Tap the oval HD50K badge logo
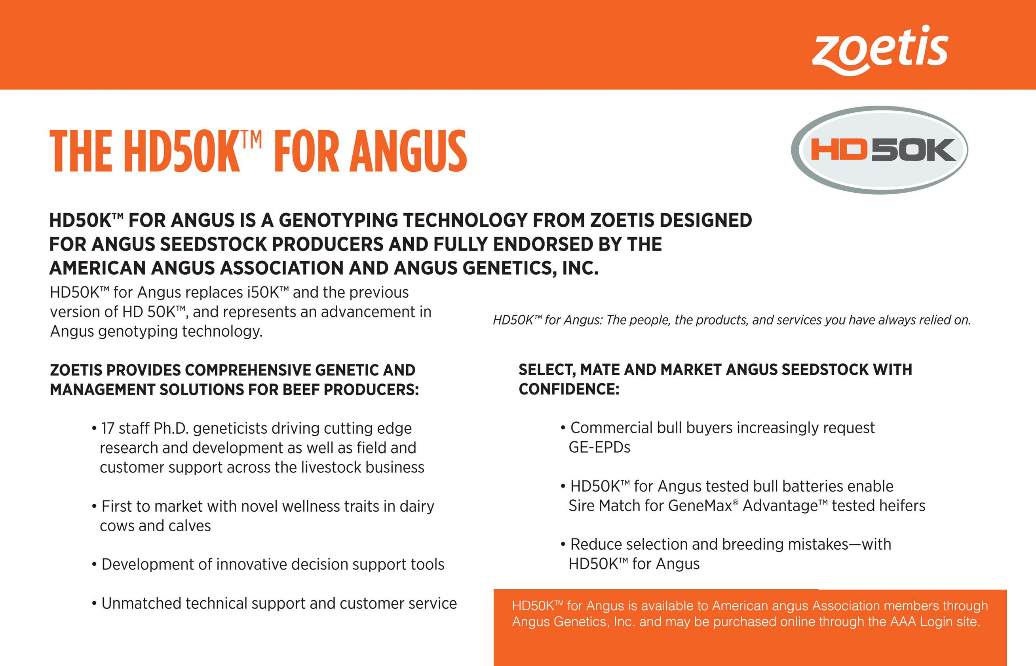click(879, 150)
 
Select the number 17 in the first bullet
click(108, 428)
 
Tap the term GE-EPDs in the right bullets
click(599, 447)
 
